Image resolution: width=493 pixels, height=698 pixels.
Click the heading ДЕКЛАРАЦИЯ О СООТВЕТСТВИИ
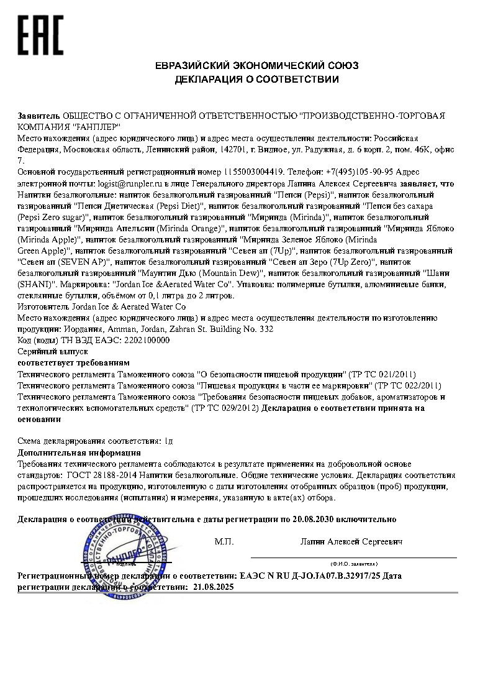pos(256,79)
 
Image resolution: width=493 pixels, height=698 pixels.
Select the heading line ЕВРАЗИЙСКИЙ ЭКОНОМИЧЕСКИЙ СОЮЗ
pos(256,65)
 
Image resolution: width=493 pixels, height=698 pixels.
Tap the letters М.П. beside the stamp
pos(224,542)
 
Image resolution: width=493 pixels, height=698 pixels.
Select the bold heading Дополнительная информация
pos(79,452)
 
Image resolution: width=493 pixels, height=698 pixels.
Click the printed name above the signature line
pos(351,542)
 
